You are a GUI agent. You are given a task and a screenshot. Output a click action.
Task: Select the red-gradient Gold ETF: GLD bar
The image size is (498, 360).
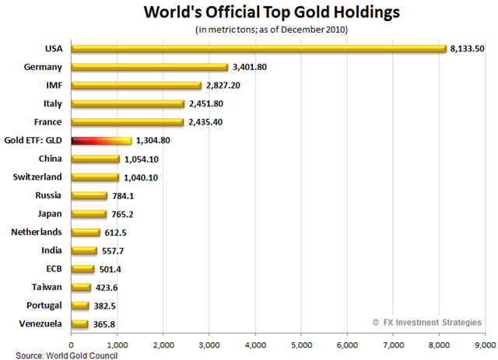click(x=101, y=141)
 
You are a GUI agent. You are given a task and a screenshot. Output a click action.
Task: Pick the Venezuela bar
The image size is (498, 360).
click(x=79, y=323)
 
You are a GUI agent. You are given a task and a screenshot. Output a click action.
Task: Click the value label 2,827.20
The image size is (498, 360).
click(x=225, y=86)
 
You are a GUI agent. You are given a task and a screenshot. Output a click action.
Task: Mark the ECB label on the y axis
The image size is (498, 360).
click(x=53, y=268)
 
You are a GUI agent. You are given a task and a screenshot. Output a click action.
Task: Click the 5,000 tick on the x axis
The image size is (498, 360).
click(x=301, y=341)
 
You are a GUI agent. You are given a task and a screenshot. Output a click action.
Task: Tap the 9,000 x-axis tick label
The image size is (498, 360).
click(x=485, y=341)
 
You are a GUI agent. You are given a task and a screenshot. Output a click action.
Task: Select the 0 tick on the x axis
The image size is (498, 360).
click(x=72, y=341)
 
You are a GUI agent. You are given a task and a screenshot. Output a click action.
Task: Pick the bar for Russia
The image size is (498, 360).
click(x=89, y=195)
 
